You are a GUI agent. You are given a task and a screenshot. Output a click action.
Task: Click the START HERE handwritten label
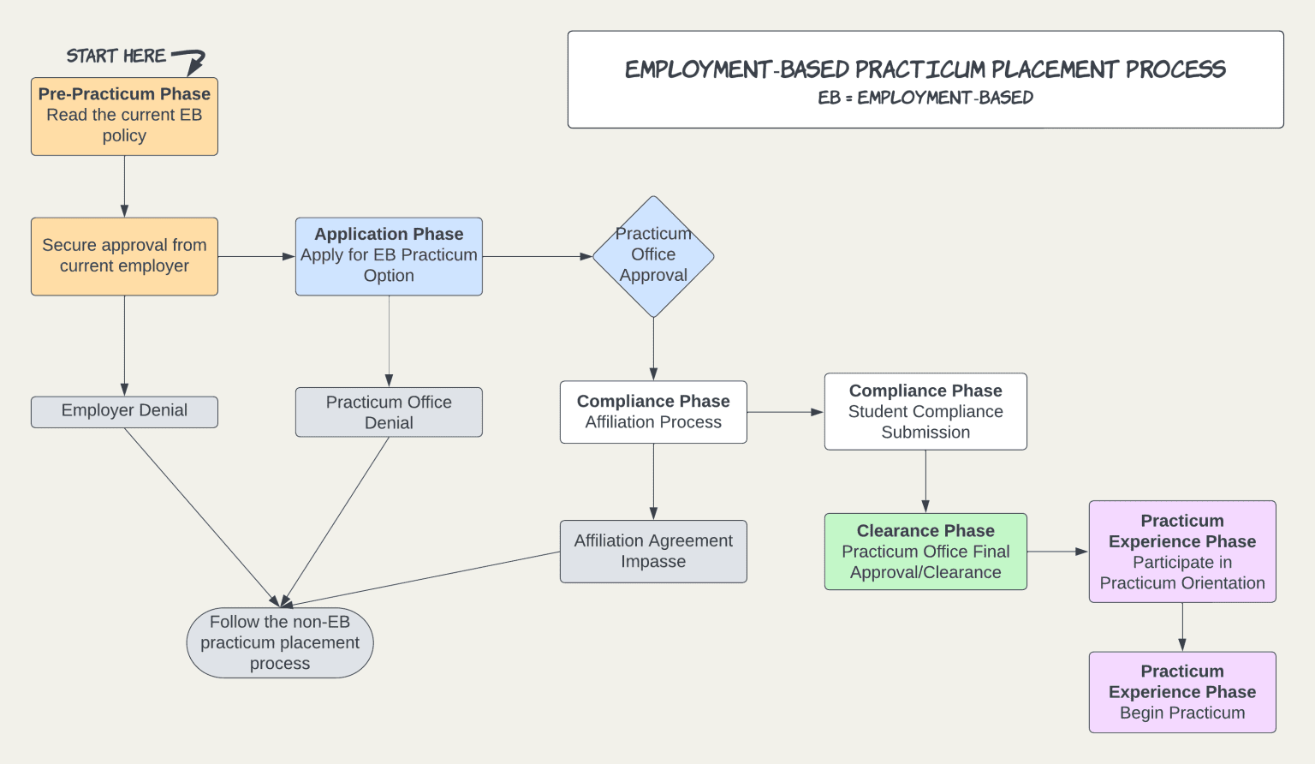(116, 57)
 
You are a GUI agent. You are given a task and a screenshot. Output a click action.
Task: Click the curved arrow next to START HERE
(192, 61)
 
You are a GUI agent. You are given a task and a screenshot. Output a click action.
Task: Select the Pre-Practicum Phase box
(124, 116)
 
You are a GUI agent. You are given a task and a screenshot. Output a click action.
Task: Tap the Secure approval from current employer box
(124, 256)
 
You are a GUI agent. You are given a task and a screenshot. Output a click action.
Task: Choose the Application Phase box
(389, 256)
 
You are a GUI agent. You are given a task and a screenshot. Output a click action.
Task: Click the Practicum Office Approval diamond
(653, 256)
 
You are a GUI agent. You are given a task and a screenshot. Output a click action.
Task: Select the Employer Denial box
(124, 411)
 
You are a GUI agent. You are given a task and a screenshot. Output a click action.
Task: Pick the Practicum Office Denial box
(389, 412)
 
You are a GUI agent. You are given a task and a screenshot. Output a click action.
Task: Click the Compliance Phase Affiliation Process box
(653, 412)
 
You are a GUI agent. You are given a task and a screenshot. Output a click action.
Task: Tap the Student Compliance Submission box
(925, 411)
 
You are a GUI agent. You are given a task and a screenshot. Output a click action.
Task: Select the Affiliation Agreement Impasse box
(653, 552)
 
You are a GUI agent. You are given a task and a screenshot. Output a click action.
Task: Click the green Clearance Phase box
(925, 552)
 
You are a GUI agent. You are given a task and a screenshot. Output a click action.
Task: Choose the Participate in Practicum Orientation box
(1182, 552)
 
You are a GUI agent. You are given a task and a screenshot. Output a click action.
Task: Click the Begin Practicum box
(1182, 692)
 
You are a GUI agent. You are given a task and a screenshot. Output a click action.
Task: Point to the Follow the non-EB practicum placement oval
(280, 643)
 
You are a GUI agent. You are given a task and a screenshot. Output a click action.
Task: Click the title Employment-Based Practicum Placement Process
(925, 69)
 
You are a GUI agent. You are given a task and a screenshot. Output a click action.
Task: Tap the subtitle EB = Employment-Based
(925, 98)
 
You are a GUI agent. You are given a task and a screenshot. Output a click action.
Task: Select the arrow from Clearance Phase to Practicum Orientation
(1057, 552)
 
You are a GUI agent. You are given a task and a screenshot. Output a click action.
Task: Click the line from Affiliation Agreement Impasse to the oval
(428, 578)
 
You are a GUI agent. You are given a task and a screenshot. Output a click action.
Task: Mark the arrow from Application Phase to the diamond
(537, 256)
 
